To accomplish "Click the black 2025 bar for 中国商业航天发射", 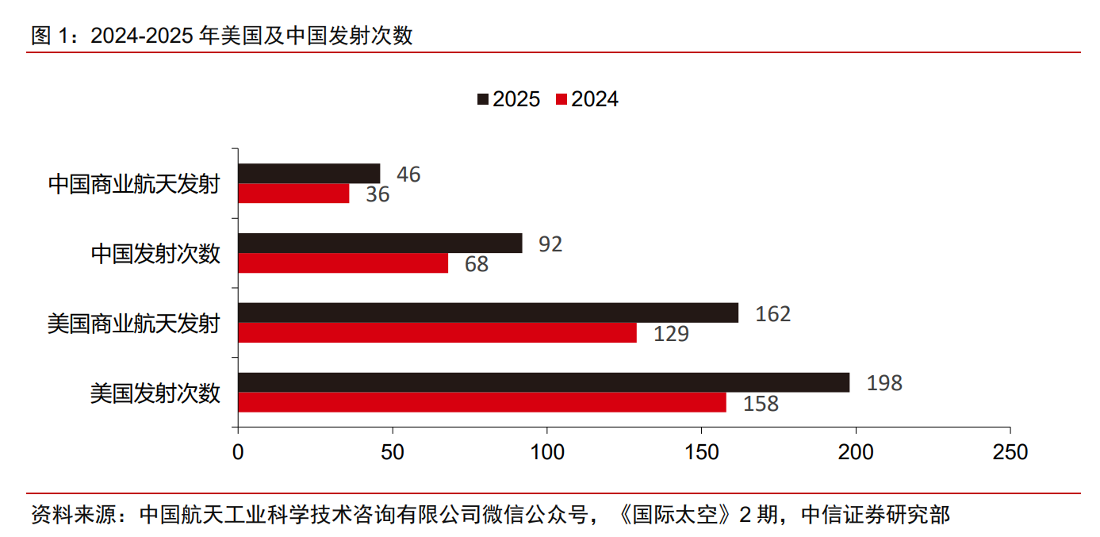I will [309, 174].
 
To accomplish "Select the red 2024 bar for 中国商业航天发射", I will [293, 194].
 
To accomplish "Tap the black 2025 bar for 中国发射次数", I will [380, 243].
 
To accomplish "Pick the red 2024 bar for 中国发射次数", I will [343, 263].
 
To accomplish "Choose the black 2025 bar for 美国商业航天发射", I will [488, 313].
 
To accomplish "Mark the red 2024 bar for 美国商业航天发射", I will [437, 333].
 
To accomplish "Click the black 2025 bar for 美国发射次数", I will [543, 382].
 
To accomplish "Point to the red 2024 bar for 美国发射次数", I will [482, 403].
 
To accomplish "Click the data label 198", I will [884, 383].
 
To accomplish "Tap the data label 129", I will [671, 334].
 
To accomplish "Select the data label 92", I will [550, 244].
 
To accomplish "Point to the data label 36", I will [378, 194].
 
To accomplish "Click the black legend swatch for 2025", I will [483, 99].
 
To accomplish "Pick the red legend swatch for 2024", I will [561, 99].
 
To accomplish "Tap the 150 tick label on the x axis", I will [702, 452].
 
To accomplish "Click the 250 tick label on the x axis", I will [1010, 452].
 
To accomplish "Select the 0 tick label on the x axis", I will [238, 452].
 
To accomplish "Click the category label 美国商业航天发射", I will [133, 324].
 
